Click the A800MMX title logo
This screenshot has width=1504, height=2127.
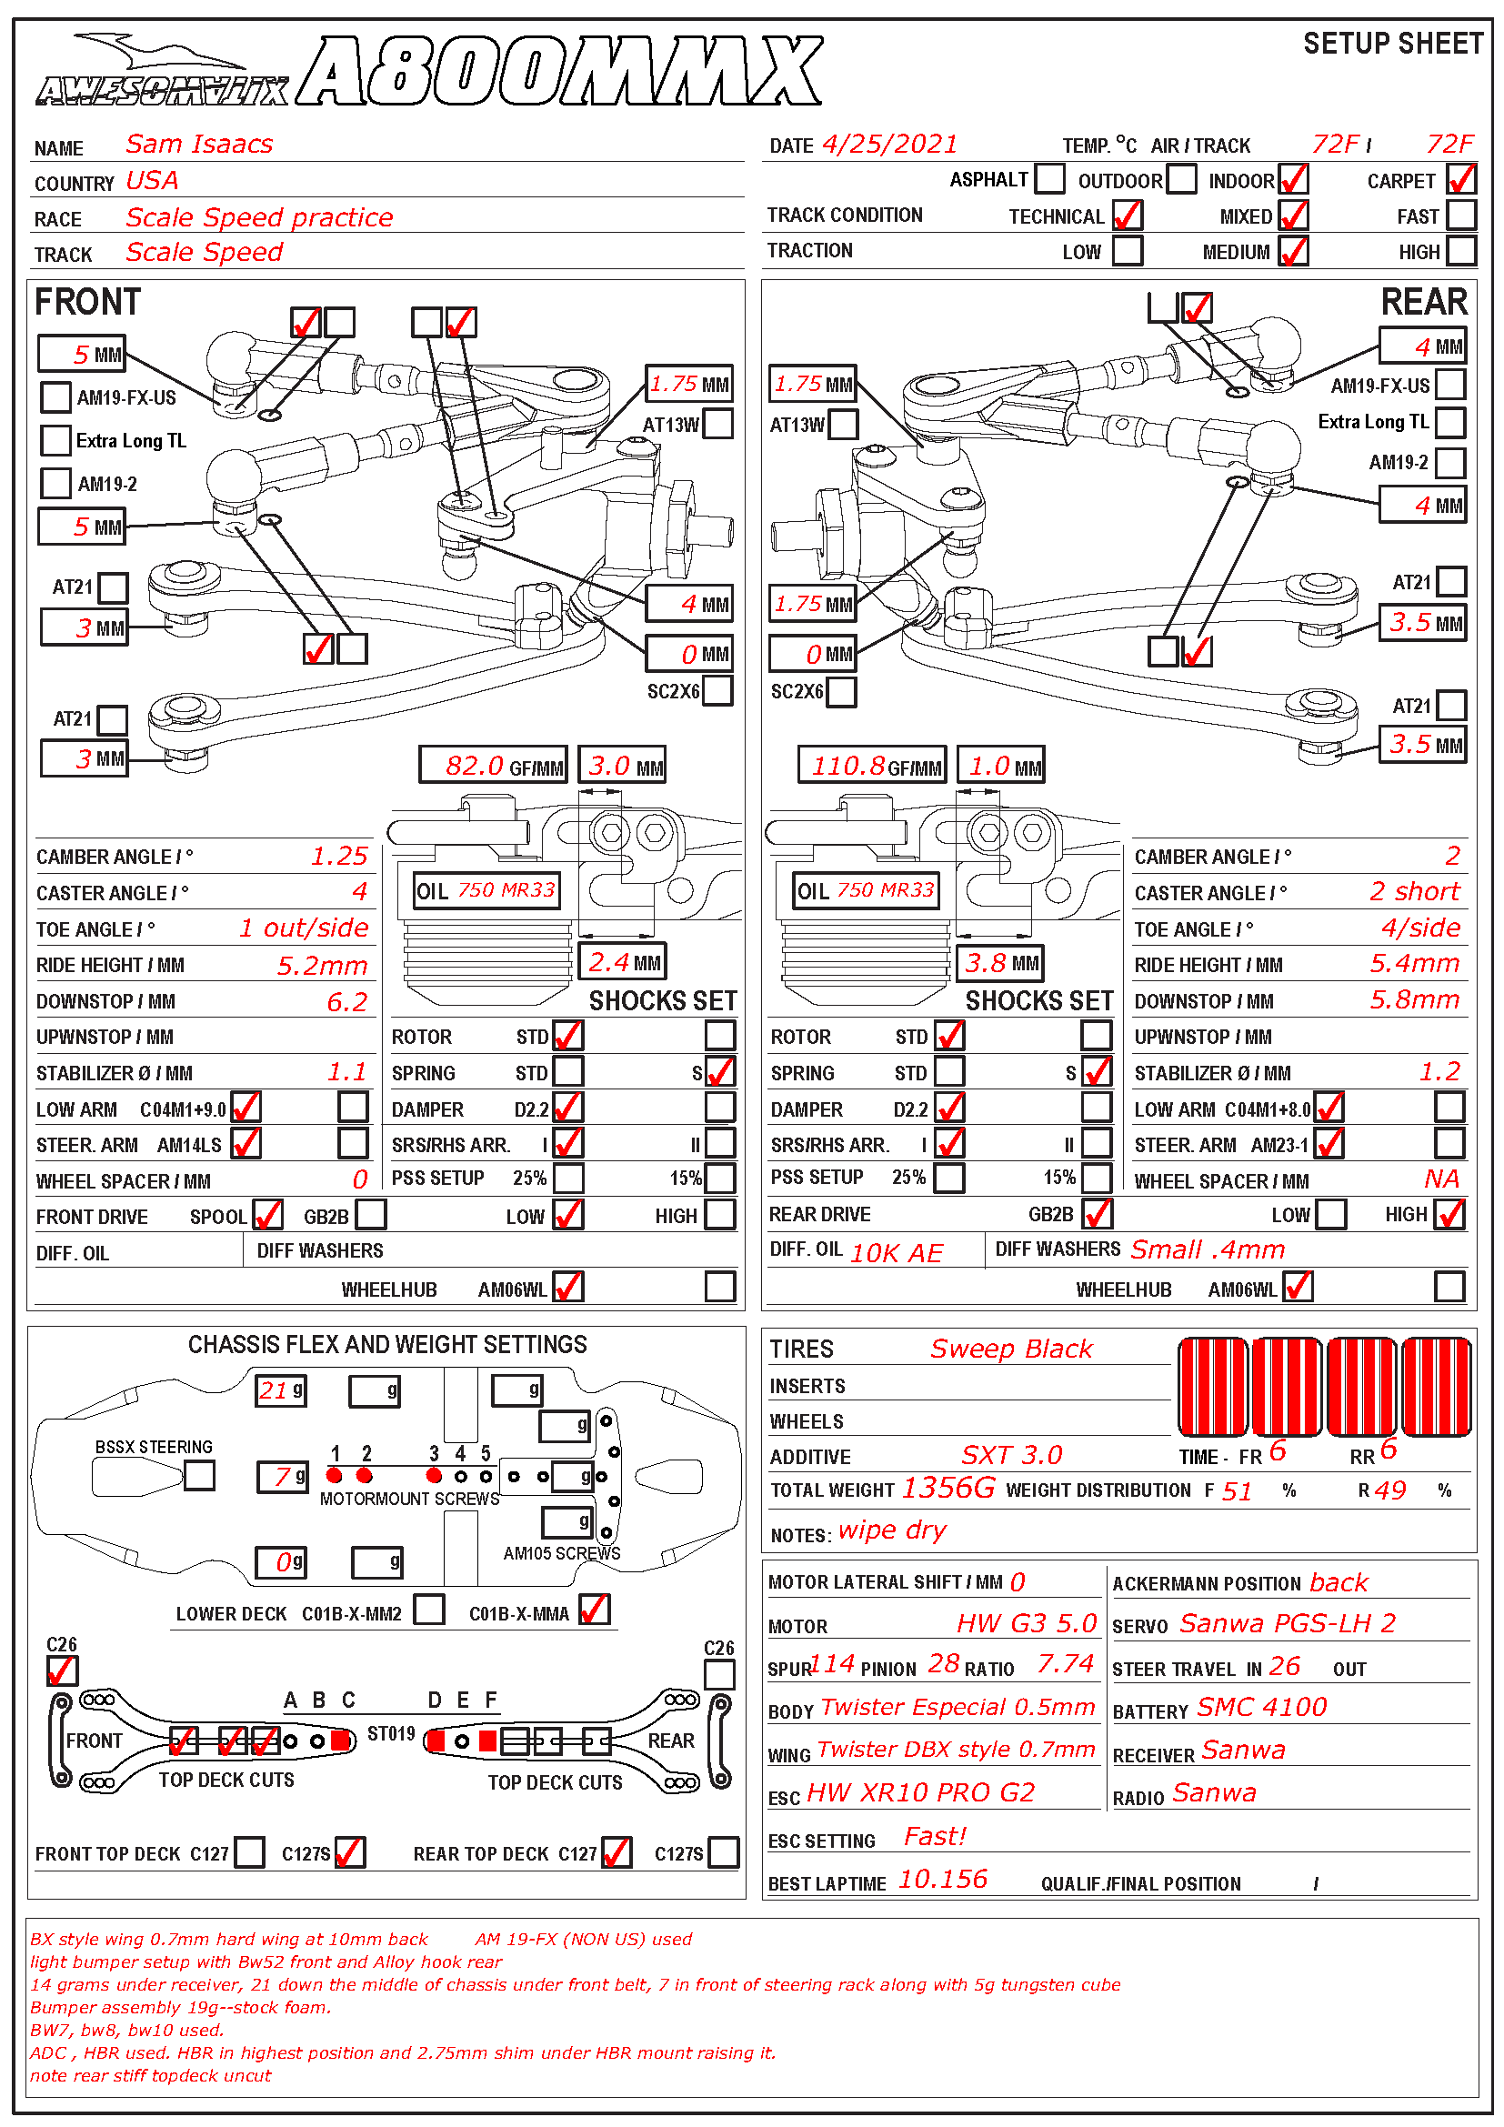560,72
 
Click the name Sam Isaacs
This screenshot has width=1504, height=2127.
199,145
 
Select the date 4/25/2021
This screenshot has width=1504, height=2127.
890,145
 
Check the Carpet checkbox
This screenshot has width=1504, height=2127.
1461,179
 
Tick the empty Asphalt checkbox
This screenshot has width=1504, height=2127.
1049,179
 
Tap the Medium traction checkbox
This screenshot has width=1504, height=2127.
1294,251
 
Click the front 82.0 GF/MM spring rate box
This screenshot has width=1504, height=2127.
493,765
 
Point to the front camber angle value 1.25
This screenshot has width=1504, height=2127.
339,856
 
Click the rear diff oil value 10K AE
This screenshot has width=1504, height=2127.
897,1252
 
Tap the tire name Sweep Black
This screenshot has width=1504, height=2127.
1011,1349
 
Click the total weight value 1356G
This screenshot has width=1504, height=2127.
948,1488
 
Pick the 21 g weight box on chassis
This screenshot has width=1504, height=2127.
282,1390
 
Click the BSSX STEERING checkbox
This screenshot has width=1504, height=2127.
199,1475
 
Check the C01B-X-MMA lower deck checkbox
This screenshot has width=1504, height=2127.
595,1610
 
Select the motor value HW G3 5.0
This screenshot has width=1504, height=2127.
1026,1623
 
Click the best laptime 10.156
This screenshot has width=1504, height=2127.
943,1879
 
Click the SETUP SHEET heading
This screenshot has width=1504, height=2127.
1392,44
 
